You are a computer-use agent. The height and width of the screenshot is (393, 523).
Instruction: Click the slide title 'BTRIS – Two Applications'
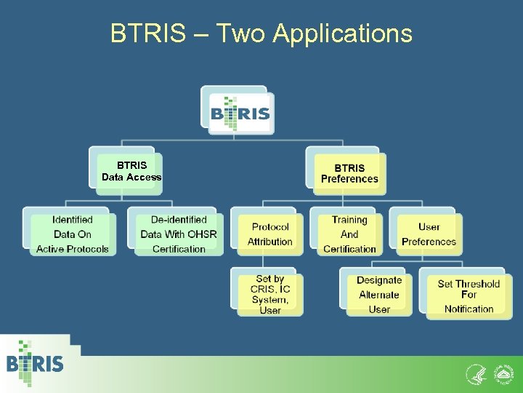261,33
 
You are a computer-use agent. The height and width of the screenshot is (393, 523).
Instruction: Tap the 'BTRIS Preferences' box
349,172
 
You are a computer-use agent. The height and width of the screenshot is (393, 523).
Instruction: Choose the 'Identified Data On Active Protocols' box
72,234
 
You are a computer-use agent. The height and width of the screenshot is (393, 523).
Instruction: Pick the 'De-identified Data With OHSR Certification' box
179,234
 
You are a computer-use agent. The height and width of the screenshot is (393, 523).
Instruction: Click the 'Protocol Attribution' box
269,234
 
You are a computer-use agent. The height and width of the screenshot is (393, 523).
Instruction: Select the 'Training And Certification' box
349,234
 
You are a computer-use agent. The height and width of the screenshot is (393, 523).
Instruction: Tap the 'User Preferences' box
429,234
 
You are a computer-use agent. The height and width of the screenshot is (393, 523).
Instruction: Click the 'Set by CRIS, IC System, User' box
269,294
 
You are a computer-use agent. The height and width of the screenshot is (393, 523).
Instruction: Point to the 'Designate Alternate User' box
378,295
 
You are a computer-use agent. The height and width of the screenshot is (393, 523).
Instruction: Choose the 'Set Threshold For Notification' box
469,296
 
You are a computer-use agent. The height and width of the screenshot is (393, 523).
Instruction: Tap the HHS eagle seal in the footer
474,374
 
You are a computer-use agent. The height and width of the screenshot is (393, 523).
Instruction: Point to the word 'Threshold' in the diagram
477,284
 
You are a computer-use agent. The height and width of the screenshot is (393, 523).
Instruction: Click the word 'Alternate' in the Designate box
378,295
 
